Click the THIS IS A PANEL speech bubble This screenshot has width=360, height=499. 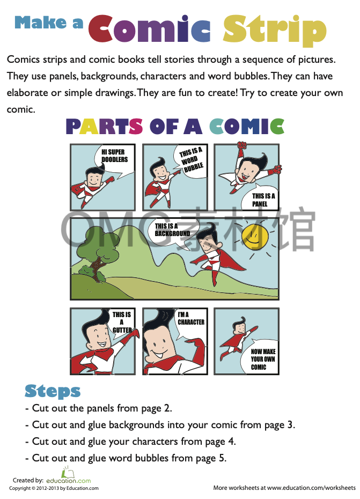click(263, 199)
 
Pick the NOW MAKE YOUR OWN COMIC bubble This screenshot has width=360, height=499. click(262, 358)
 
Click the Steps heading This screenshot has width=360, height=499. click(53, 391)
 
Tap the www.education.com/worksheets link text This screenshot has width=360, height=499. click(311, 488)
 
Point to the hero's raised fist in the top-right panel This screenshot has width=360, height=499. click(242, 145)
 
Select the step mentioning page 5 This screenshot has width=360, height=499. click(126, 458)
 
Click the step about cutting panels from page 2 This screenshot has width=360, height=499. click(99, 408)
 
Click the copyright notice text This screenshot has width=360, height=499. click(54, 488)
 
